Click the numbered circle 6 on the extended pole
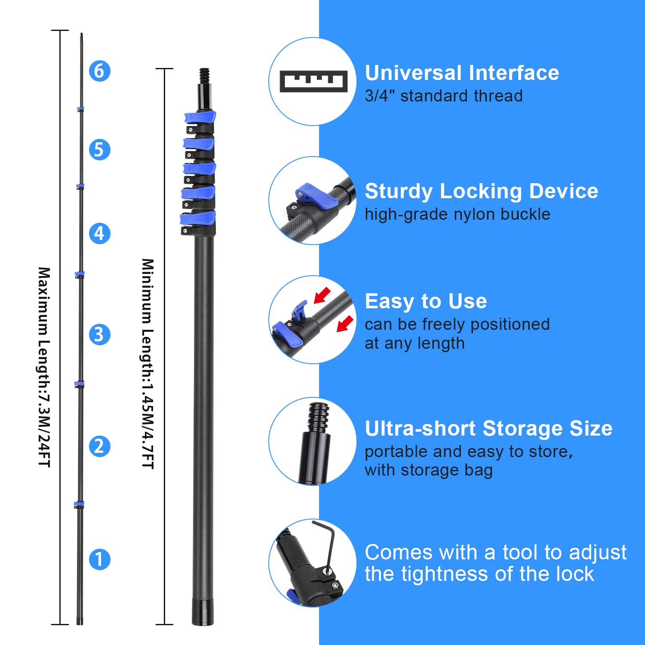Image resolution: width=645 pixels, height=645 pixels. click(99, 71)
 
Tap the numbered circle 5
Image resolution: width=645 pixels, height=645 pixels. click(99, 150)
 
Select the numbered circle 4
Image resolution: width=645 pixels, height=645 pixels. click(99, 233)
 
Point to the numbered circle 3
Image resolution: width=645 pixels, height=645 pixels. click(99, 335)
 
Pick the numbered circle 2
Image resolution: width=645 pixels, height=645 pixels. click(99, 446)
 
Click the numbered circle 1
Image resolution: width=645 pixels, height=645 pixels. click(99, 559)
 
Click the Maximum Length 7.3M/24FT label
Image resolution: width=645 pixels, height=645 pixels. click(44, 367)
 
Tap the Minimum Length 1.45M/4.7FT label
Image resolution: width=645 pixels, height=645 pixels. click(148, 363)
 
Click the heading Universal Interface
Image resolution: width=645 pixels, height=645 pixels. click(462, 73)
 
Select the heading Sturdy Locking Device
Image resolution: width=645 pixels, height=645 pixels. click(481, 191)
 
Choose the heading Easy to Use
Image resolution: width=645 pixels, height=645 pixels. click(426, 301)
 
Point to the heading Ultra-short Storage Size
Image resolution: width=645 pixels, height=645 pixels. click(488, 429)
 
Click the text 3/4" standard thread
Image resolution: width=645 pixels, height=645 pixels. click(443, 96)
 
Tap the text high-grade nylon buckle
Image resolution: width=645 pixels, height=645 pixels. click(457, 214)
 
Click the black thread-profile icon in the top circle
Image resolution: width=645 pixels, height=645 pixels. click(313, 81)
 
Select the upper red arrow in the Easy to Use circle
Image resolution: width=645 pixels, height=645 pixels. click(322, 295)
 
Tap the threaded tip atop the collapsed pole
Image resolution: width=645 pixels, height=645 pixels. click(205, 76)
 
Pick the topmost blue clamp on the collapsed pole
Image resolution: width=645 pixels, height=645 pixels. click(200, 117)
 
